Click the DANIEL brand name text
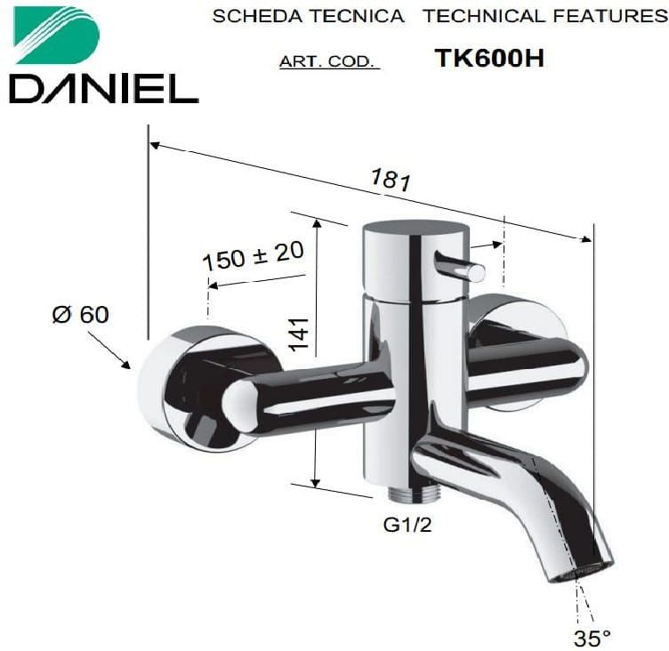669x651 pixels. pos(104,89)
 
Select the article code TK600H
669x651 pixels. pos(489,58)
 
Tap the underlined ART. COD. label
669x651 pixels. pos(329,62)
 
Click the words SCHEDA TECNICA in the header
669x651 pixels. pos(308,16)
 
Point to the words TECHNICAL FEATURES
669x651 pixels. pos(545,16)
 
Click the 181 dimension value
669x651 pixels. pos(391,179)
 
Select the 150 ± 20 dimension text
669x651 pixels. pos(254,255)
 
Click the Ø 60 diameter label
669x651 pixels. pos(80,315)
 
